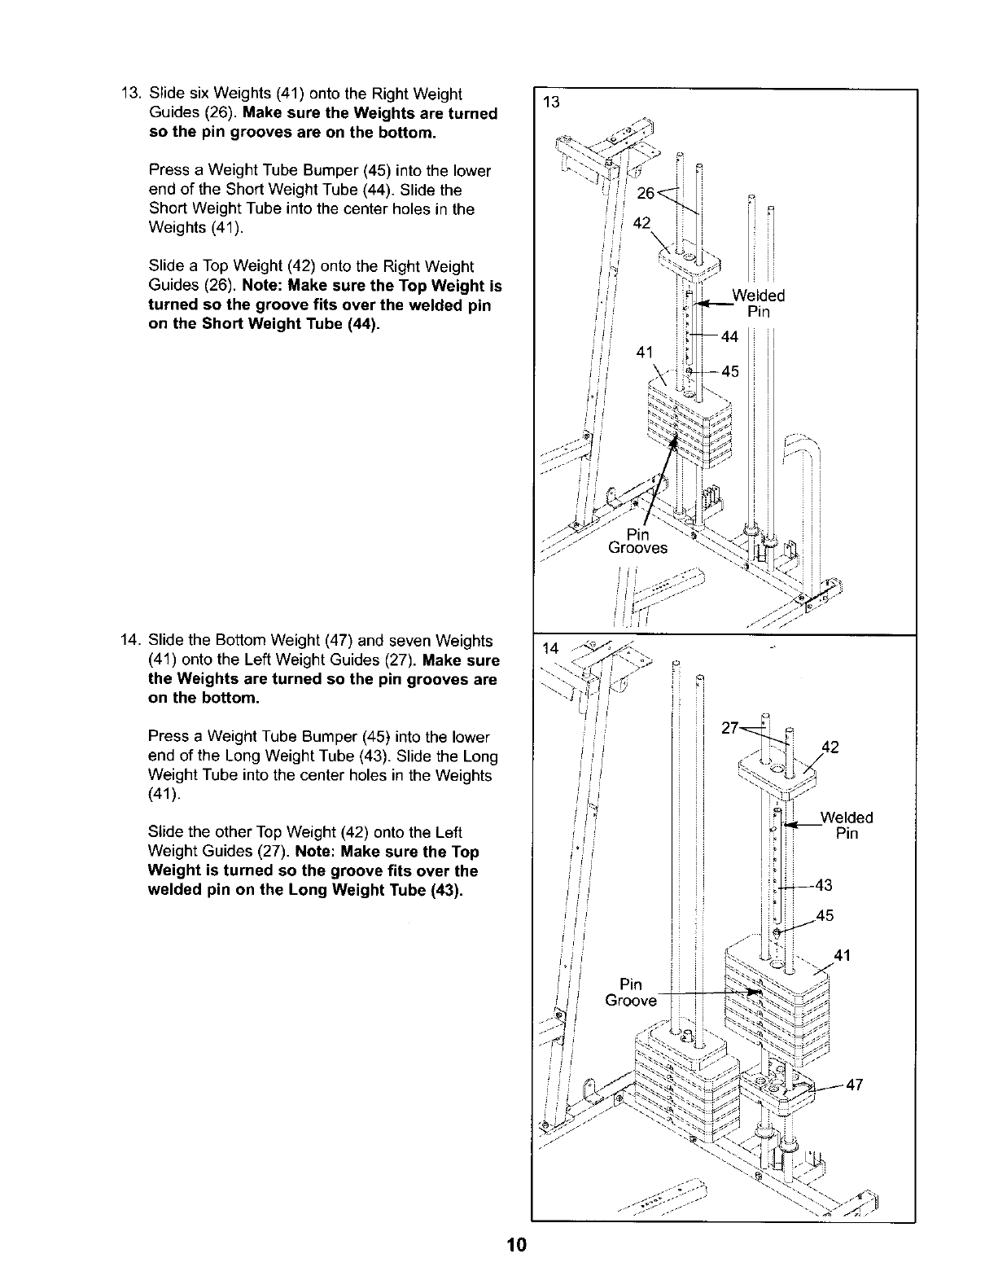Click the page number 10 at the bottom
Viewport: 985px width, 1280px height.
(516, 1246)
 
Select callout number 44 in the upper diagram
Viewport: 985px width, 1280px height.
(729, 336)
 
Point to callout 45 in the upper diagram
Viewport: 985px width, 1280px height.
(729, 371)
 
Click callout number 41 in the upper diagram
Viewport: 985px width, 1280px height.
(645, 353)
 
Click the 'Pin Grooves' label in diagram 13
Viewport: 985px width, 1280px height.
(637, 541)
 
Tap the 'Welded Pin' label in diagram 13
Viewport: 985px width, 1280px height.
(758, 304)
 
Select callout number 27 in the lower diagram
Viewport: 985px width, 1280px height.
(730, 727)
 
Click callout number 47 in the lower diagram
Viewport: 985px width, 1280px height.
(854, 1084)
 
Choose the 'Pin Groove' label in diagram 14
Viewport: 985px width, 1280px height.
(631, 992)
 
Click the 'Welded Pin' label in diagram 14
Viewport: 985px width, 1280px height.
(846, 826)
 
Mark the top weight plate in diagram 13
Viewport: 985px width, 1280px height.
(689, 260)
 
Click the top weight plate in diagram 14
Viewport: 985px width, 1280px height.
(776, 770)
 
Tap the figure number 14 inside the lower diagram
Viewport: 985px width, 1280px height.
(549, 648)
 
